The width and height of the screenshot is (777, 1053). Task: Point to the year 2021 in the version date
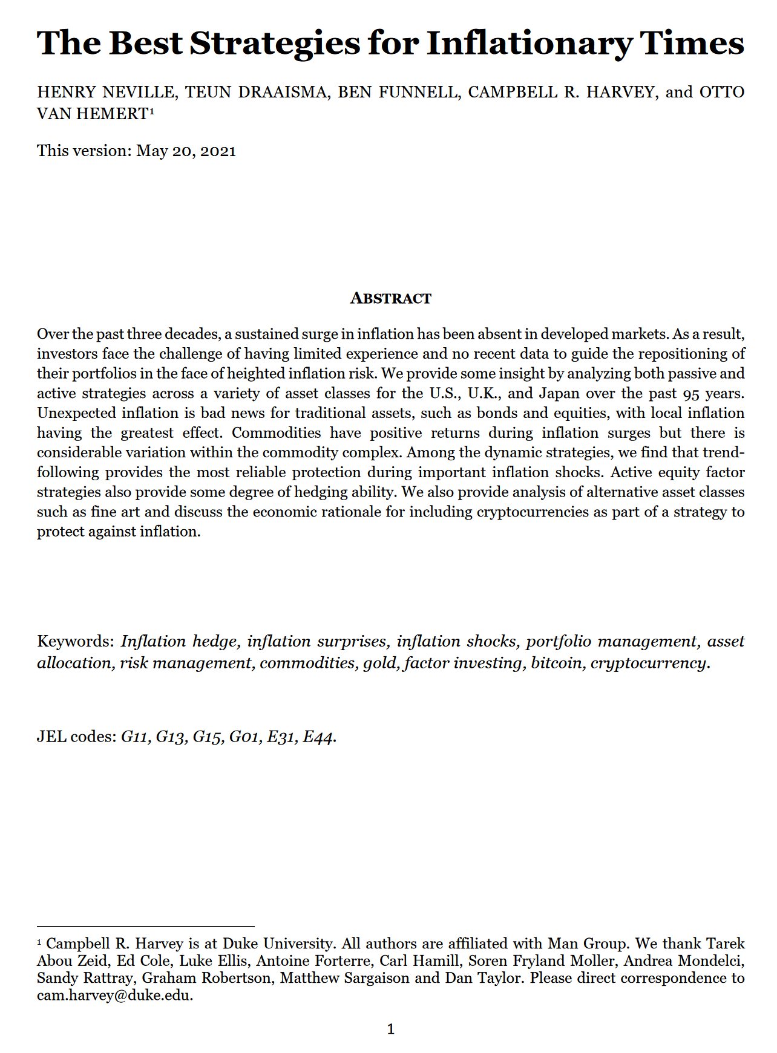pyautogui.click(x=218, y=151)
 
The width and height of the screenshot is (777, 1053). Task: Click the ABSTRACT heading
pyautogui.click(x=390, y=298)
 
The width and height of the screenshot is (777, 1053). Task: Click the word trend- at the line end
pyautogui.click(x=723, y=452)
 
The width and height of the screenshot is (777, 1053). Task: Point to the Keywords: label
pyautogui.click(x=76, y=641)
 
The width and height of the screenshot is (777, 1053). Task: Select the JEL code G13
pyautogui.click(x=171, y=737)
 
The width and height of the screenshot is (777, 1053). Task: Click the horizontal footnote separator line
pyautogui.click(x=145, y=926)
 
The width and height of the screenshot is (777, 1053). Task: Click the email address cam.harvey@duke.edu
pyautogui.click(x=115, y=996)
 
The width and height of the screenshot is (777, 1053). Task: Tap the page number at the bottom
pyautogui.click(x=390, y=1029)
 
